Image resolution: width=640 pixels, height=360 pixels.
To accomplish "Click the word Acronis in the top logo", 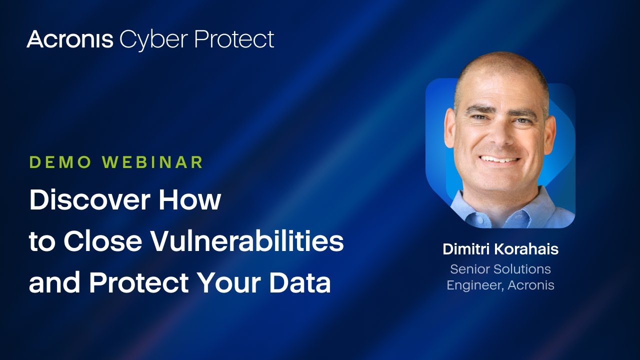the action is click(70, 39).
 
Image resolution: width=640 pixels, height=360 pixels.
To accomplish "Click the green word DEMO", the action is click(60, 162).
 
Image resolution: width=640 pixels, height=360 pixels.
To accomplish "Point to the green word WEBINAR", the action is click(153, 162).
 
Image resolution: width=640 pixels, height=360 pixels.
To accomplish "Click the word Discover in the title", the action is click(89, 199).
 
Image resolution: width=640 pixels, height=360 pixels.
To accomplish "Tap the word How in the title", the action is click(190, 199).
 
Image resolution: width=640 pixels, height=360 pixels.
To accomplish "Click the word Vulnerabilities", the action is click(247, 241).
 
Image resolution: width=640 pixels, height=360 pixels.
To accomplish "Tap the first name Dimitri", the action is click(466, 249).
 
